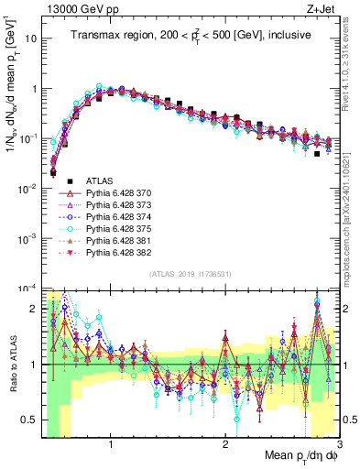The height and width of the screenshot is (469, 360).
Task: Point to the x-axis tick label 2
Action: tap(225, 445)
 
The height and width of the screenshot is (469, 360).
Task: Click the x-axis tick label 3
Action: tap(339, 445)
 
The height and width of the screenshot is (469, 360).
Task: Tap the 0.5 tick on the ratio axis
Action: tap(31, 420)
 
